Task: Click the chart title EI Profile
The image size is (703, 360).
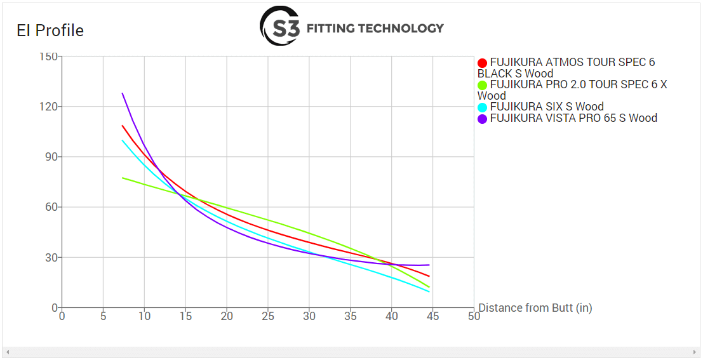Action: [x=50, y=30]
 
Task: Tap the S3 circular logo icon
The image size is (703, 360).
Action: [x=280, y=26]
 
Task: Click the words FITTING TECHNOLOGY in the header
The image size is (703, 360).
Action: [x=375, y=28]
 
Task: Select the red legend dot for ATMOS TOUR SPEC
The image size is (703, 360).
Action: [x=482, y=63]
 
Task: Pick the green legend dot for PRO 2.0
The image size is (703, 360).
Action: [x=482, y=85]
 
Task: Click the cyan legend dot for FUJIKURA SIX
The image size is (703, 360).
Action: [x=482, y=107]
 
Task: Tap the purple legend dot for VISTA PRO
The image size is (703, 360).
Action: [x=482, y=119]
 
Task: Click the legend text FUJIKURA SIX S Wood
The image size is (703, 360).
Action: [x=546, y=107]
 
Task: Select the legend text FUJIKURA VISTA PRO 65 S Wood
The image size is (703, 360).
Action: [x=573, y=118]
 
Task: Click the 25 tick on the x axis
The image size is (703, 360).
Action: [x=268, y=316]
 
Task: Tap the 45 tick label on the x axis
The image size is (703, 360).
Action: [x=432, y=316]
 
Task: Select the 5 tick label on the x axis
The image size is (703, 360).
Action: [x=103, y=316]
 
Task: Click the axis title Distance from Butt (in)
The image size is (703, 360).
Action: [x=535, y=308]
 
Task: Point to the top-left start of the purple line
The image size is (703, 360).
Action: [x=123, y=93]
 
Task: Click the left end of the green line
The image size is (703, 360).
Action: [x=123, y=178]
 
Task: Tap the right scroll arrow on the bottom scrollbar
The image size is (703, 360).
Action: [x=694, y=352]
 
